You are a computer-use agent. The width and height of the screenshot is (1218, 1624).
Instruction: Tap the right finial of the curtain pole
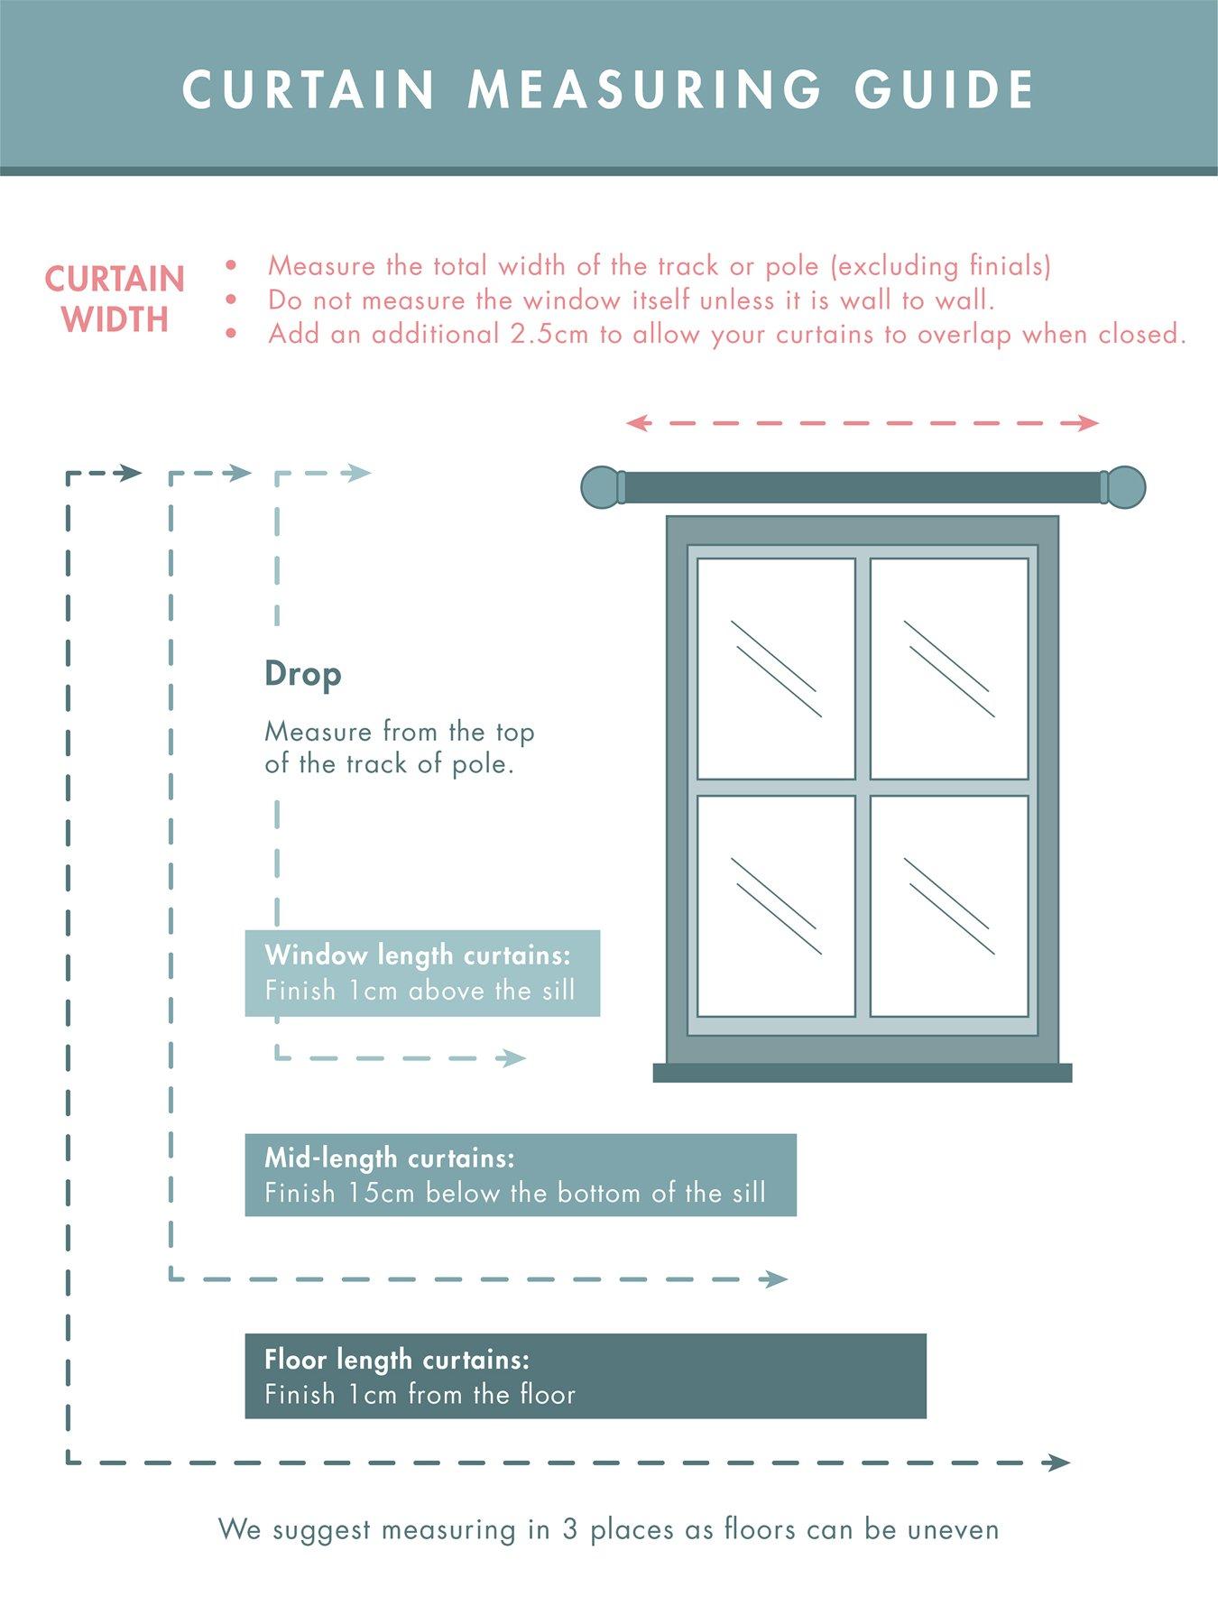click(x=1125, y=487)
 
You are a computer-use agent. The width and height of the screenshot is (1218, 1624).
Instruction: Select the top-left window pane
click(x=776, y=669)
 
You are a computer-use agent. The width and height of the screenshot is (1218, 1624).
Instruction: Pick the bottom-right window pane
click(x=949, y=906)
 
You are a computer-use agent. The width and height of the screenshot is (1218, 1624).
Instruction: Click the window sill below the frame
click(x=862, y=1073)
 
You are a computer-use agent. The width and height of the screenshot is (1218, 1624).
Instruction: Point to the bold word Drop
click(x=303, y=674)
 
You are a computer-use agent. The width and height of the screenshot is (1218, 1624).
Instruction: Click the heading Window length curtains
click(x=418, y=955)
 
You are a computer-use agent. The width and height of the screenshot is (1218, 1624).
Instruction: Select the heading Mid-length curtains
click(x=390, y=1158)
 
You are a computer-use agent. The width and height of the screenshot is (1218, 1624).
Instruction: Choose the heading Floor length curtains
click(x=397, y=1360)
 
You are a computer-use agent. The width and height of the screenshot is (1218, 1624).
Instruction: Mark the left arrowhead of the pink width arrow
click(x=637, y=422)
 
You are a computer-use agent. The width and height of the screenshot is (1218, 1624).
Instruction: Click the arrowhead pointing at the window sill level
click(x=516, y=1058)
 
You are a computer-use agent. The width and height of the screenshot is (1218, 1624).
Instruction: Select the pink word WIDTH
click(x=115, y=319)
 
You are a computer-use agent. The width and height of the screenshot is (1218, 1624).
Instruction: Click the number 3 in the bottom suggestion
click(x=569, y=1530)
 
